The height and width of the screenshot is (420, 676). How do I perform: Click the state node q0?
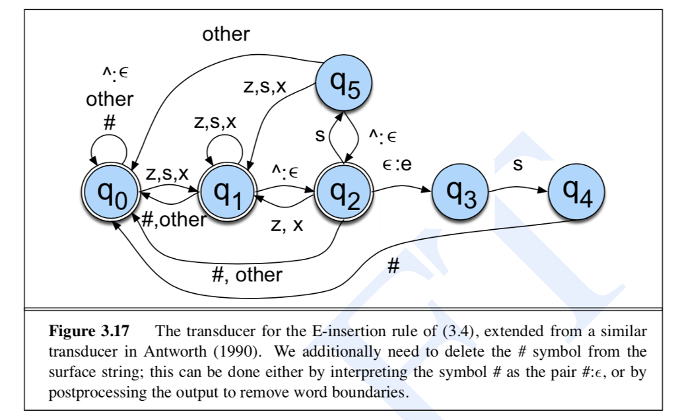110,193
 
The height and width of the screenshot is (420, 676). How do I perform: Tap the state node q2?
343,193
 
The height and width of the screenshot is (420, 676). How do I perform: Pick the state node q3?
460,193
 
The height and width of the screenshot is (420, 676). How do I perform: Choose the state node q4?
576,192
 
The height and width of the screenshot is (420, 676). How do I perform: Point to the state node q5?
343,84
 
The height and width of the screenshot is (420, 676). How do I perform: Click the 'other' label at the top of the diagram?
226,34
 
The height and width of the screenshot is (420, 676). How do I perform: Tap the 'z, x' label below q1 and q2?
287,225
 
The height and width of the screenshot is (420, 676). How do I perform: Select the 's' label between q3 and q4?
518,165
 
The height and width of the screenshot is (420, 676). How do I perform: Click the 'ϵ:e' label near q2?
397,164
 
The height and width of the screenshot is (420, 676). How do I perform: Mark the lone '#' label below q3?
393,267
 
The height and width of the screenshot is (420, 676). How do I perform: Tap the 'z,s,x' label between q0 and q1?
167,174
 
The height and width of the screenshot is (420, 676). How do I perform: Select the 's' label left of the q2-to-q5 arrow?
320,137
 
